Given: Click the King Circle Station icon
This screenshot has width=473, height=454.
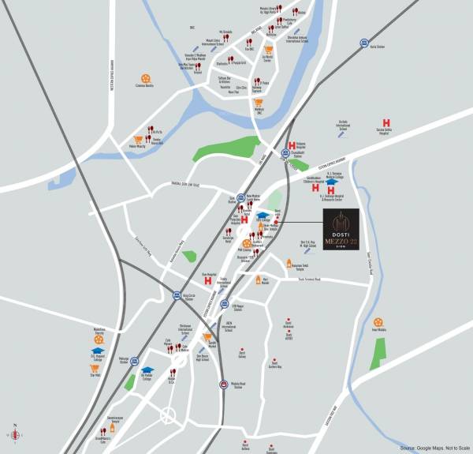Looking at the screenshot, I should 177,296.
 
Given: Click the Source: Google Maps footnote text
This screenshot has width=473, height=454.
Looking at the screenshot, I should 433,448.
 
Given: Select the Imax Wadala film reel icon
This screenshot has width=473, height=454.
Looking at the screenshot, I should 378,322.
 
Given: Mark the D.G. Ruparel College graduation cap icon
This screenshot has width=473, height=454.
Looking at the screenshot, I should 97,351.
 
